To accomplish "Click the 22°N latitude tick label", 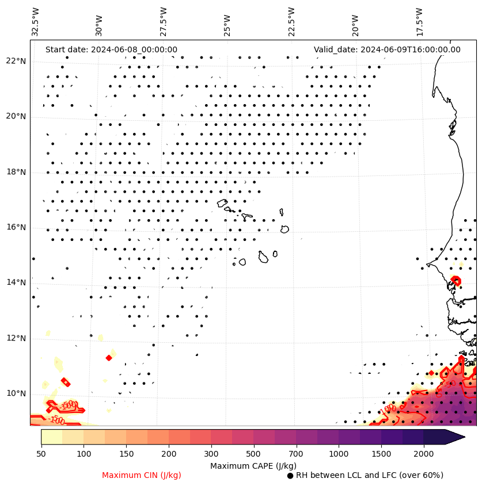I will pyautogui.click(x=16, y=61).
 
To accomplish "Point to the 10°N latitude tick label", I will pyautogui.click(x=16, y=393).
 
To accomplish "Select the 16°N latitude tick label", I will pyautogui.click(x=16, y=227).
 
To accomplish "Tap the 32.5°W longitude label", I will pyautogui.click(x=36, y=22).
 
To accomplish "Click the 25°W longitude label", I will pyautogui.click(x=227, y=22).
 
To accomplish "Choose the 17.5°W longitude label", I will pyautogui.click(x=419, y=22).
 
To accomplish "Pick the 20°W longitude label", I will pyautogui.click(x=355, y=22).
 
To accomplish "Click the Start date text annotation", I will pyautogui.click(x=111, y=49).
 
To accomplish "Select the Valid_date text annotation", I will pyautogui.click(x=387, y=49).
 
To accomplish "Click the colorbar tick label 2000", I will pyautogui.click(x=423, y=454).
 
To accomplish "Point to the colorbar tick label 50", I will pyautogui.click(x=41, y=454).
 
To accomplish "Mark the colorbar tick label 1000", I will pyautogui.click(x=339, y=454).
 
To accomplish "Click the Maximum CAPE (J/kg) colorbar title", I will pyautogui.click(x=253, y=465).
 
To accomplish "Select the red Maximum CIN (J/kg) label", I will pyautogui.click(x=142, y=475).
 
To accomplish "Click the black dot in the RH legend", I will pyautogui.click(x=290, y=476).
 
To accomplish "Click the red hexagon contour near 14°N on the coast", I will pyautogui.click(x=456, y=281).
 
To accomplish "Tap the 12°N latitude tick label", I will pyautogui.click(x=16, y=338).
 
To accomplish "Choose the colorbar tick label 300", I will pyautogui.click(x=211, y=454).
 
